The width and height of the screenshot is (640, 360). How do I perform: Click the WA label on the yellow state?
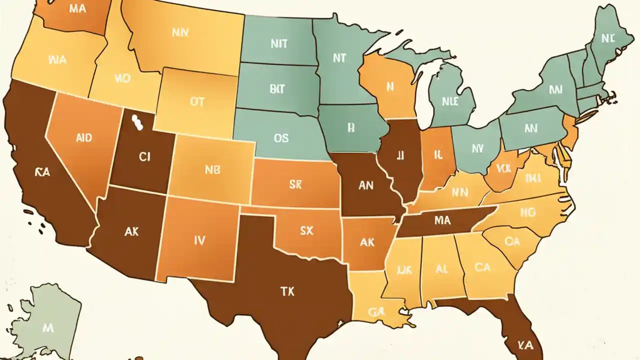click(x=57, y=60)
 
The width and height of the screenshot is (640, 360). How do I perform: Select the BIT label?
click(x=276, y=89)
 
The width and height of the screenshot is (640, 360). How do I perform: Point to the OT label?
click(x=197, y=102)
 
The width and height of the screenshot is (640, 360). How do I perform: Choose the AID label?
click(x=83, y=138)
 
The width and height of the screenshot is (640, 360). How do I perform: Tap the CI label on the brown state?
click(x=144, y=157)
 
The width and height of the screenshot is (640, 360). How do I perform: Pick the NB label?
click(x=212, y=169)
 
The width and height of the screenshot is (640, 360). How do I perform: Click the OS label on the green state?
click(x=281, y=138)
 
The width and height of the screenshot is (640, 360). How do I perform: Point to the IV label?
click(x=199, y=240)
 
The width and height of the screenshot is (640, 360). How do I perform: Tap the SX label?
click(x=306, y=230)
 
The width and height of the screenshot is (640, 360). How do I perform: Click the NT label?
click(x=339, y=58)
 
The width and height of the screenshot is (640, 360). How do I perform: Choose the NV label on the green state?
click(x=477, y=148)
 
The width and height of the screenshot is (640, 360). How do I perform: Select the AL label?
click(x=441, y=268)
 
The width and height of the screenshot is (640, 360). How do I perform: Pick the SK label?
click(x=295, y=184)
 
